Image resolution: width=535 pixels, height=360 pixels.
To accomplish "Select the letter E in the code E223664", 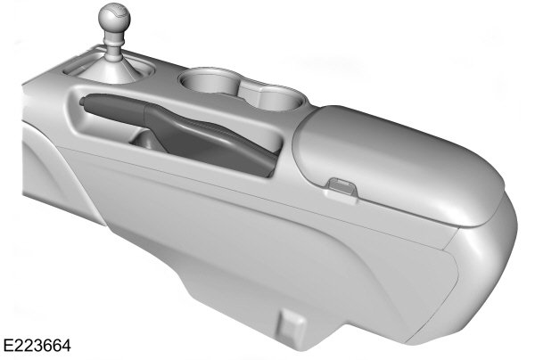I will point(8,342).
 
